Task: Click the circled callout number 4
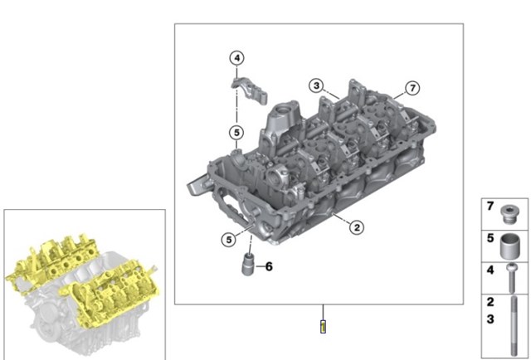click(x=236, y=58)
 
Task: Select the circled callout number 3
click(x=316, y=85)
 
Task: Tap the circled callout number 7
click(x=412, y=89)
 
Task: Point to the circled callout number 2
click(x=357, y=227)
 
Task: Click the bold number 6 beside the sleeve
click(x=269, y=266)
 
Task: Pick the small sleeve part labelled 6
click(x=249, y=264)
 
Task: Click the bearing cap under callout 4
click(x=250, y=90)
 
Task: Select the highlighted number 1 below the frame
click(x=323, y=327)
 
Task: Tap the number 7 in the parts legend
click(x=490, y=206)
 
